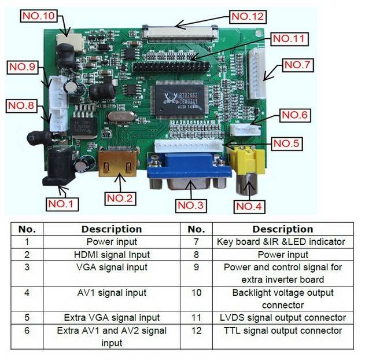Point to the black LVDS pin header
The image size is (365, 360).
tap(168, 65)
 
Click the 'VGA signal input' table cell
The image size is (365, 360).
tap(112, 267)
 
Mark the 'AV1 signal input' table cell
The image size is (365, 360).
tap(112, 293)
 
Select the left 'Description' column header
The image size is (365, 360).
tap(112, 229)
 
